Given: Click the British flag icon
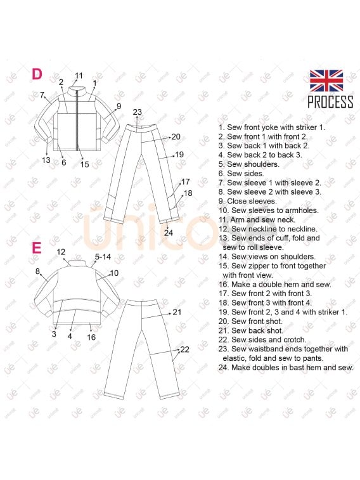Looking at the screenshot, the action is click(326, 81).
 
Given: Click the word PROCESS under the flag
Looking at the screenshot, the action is click(330, 102).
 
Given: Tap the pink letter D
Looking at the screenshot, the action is click(37, 74).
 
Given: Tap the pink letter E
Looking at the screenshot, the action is click(37, 248).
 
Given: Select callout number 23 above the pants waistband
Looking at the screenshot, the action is click(138, 112).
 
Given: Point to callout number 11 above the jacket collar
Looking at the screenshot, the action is click(79, 75).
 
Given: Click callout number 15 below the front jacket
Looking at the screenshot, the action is click(85, 164).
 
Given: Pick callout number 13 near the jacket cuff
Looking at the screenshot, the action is click(46, 160).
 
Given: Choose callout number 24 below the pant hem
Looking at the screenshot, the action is click(169, 233).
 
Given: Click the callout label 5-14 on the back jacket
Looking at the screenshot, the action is click(103, 257).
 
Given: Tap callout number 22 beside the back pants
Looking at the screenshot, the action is click(184, 349).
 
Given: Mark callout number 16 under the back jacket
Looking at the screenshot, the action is click(91, 337).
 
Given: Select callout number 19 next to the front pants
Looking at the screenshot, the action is click(179, 155).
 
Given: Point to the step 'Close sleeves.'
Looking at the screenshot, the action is click(252, 201).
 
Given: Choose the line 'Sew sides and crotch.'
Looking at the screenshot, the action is click(269, 340).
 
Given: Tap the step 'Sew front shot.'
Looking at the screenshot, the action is click(257, 321).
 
